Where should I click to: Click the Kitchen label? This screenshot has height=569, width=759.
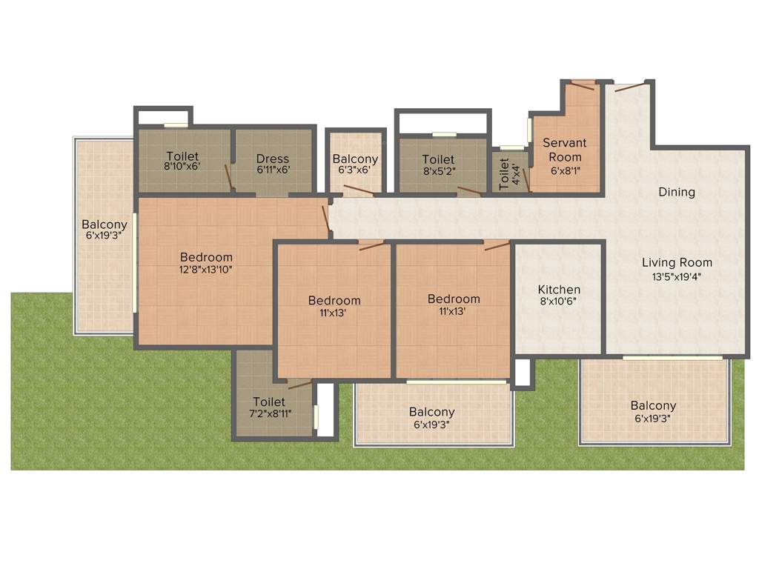click(559, 289)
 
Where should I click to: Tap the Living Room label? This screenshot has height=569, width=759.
click(677, 262)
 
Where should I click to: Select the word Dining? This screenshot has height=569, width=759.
click(677, 192)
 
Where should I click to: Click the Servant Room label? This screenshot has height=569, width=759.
click(564, 150)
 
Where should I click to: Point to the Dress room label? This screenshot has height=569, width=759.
click(273, 159)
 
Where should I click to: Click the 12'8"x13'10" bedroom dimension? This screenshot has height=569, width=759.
click(206, 270)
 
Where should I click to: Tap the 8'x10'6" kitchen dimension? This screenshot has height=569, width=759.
click(559, 302)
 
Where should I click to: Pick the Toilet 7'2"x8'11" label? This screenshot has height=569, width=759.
click(268, 402)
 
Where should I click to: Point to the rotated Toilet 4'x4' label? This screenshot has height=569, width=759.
click(504, 173)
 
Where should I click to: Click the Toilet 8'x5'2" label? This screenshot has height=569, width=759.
click(438, 159)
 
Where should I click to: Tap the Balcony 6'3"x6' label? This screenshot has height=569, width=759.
click(355, 159)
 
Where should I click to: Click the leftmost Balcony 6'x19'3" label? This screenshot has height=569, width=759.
click(105, 224)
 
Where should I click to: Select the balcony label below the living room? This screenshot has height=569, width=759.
click(653, 406)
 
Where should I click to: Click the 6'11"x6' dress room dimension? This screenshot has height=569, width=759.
click(273, 169)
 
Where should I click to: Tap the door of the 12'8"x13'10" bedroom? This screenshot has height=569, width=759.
click(325, 219)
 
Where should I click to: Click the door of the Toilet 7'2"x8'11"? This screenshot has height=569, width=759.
click(299, 384)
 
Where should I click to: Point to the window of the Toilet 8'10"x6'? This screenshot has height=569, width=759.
click(176, 125)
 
